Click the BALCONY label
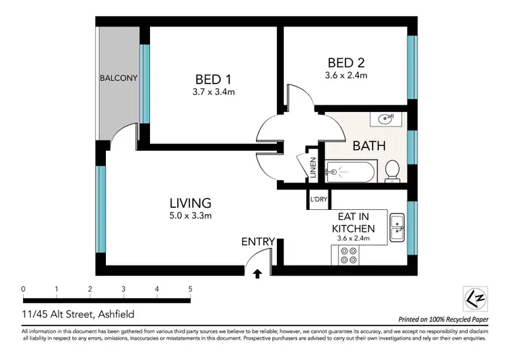(119, 78)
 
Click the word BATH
(369, 145)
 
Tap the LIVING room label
(190, 202)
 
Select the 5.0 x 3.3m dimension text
(191, 217)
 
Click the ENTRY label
(258, 241)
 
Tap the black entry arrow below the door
(258, 274)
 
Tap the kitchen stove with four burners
(349, 255)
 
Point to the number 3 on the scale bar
(124, 289)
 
